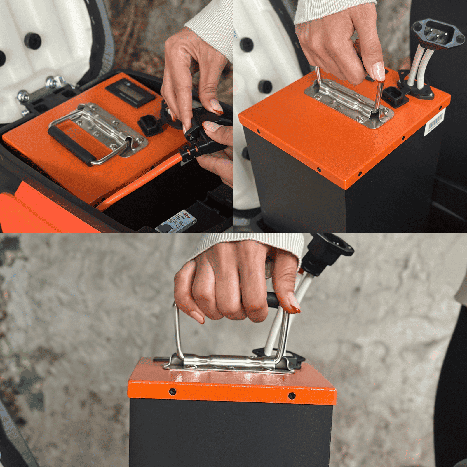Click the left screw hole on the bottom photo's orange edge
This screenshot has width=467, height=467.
[173, 391]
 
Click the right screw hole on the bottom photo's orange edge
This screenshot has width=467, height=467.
[292, 396]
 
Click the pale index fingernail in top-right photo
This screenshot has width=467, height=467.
[379, 72]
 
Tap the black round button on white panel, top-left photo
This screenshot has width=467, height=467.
[32, 41]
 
